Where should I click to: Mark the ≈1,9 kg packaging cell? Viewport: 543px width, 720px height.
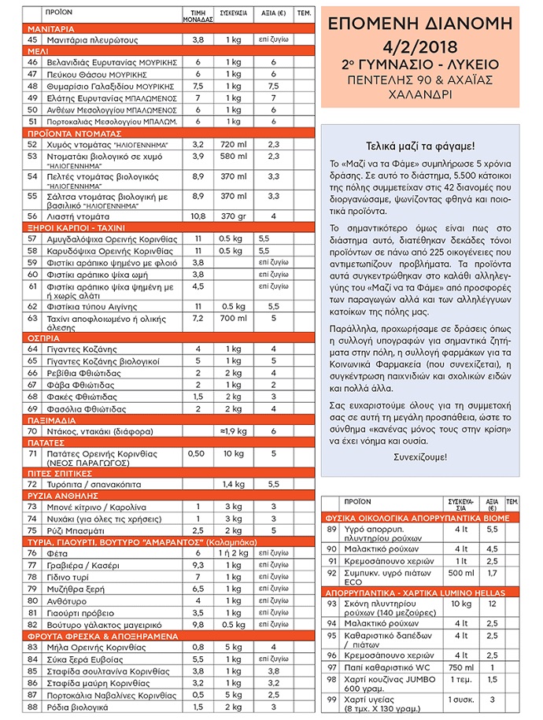point(234,432)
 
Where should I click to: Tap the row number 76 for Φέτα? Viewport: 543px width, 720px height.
point(33,554)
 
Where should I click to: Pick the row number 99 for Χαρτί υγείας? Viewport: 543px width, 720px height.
point(331,698)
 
